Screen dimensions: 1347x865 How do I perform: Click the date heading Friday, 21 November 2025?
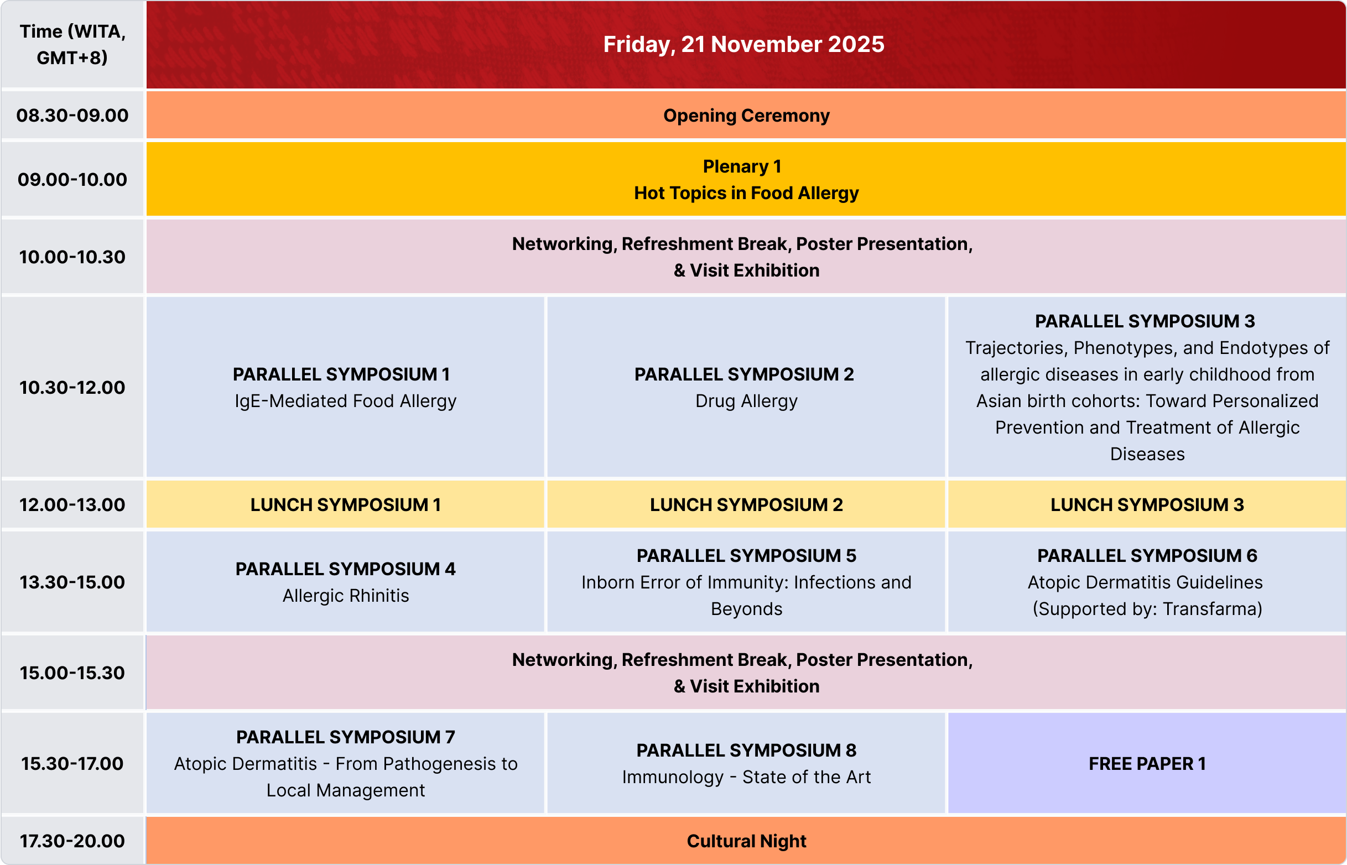(x=743, y=44)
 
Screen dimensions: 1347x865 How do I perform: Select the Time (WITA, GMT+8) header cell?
(x=72, y=44)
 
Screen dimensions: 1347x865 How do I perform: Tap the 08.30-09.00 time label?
(x=72, y=115)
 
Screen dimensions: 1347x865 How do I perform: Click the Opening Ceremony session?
(x=746, y=115)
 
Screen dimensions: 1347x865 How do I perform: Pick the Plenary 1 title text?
(x=742, y=166)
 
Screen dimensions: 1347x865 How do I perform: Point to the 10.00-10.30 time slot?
(x=72, y=257)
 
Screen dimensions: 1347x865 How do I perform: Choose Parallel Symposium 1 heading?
(x=341, y=374)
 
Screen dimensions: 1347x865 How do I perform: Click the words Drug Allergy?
(x=746, y=401)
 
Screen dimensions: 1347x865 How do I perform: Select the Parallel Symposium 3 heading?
(x=1145, y=321)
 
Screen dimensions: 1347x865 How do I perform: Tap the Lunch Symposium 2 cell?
(x=746, y=504)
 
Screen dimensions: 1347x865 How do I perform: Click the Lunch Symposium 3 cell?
(x=1147, y=504)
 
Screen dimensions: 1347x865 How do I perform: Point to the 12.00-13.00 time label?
(x=72, y=504)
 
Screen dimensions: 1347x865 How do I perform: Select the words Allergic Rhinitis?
(x=345, y=596)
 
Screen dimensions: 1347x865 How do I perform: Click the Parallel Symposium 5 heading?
(x=746, y=555)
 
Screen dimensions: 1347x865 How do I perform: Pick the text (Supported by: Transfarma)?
(x=1147, y=609)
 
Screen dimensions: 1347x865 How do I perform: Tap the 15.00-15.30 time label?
(x=72, y=673)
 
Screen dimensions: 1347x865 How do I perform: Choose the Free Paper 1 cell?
(x=1147, y=763)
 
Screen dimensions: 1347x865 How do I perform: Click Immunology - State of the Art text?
(x=746, y=777)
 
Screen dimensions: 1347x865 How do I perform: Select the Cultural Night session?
(x=746, y=840)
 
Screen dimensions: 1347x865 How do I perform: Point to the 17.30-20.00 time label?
(x=72, y=841)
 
